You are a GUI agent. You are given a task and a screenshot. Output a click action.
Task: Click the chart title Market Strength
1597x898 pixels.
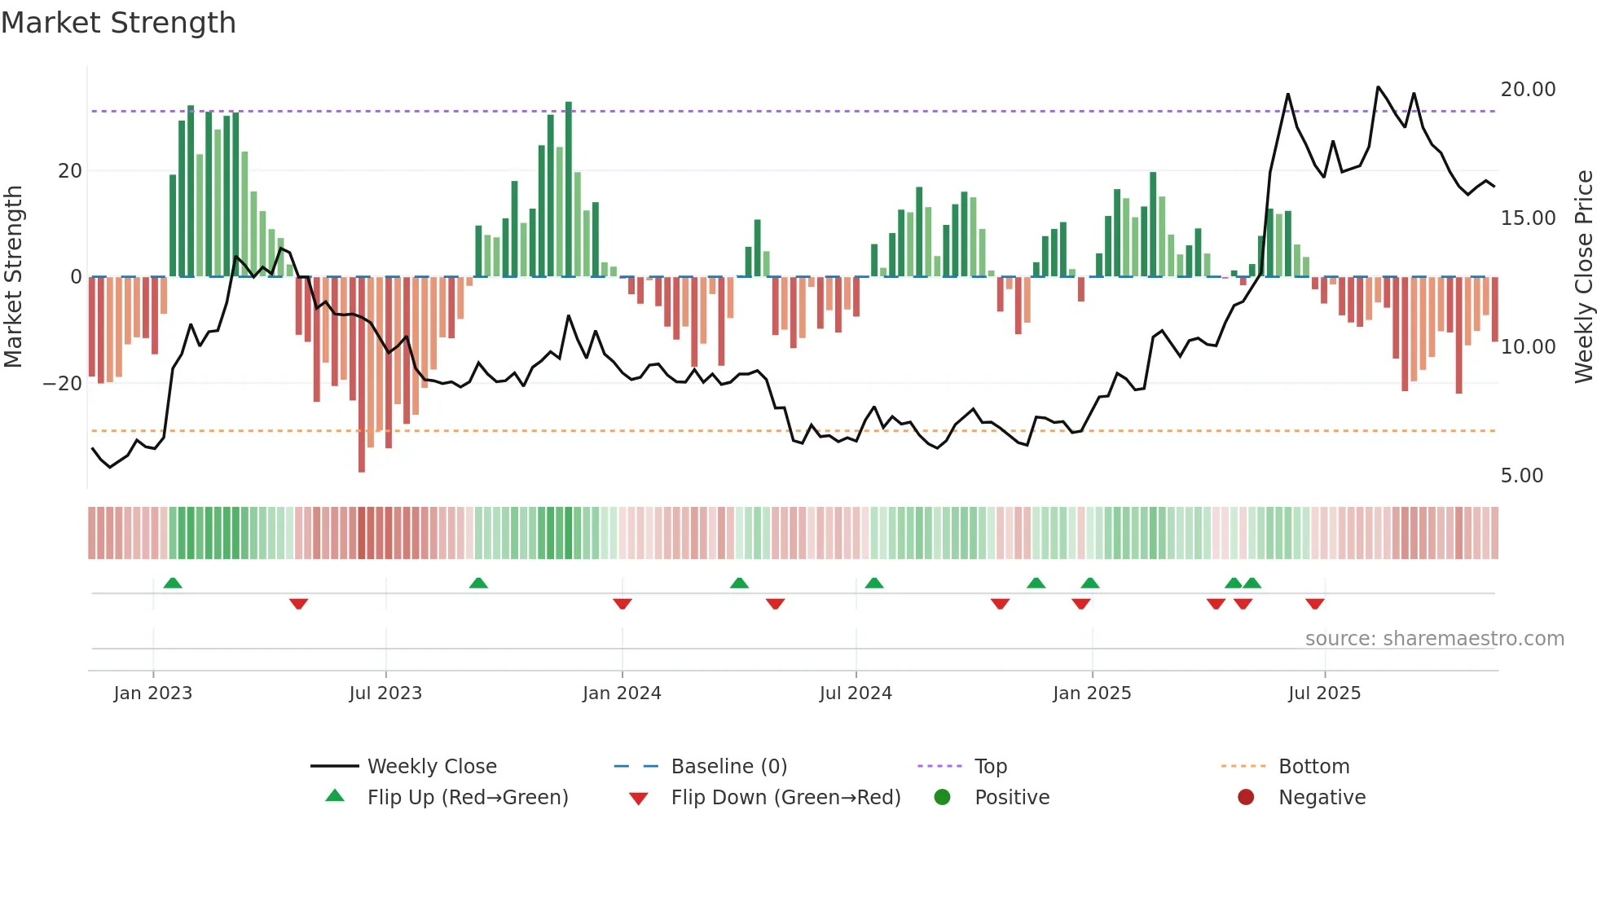[x=118, y=23]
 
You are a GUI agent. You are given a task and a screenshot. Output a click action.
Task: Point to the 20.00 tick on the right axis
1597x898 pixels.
[x=1528, y=90]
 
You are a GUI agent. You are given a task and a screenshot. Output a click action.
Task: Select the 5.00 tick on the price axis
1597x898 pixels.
[x=1521, y=476]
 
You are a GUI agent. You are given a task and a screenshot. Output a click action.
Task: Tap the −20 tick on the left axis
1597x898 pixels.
[x=63, y=384]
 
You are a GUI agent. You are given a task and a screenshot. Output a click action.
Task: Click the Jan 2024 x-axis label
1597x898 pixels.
[x=622, y=693]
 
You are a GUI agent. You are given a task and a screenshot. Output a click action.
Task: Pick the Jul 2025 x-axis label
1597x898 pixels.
[x=1324, y=693]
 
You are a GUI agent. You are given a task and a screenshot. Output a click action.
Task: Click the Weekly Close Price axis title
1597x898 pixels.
[x=1583, y=276]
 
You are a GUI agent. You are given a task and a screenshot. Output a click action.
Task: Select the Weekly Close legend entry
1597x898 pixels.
[x=431, y=767]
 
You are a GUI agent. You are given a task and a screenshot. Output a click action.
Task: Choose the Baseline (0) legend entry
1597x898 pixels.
[x=728, y=767]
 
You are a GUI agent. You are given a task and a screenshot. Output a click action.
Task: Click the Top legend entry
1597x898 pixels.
[x=990, y=767]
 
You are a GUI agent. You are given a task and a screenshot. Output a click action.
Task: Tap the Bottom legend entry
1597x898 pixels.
[x=1313, y=767]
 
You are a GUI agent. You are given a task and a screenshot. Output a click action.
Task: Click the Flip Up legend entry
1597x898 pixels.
[x=467, y=798]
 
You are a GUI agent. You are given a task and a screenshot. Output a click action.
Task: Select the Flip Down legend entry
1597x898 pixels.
[x=785, y=798]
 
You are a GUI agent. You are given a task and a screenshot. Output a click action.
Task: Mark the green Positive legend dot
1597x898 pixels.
[x=942, y=798]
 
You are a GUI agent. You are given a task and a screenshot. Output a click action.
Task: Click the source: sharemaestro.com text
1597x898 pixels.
[x=1434, y=639]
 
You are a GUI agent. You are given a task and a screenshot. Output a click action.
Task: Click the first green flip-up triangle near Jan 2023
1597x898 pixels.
[x=173, y=583]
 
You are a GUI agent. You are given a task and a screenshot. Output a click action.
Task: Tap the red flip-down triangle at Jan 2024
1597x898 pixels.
[x=623, y=604]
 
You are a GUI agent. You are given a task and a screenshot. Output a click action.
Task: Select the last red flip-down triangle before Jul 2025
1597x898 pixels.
[x=1314, y=604]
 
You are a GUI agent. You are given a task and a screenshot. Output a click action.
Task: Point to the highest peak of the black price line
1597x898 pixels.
[x=1378, y=87]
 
